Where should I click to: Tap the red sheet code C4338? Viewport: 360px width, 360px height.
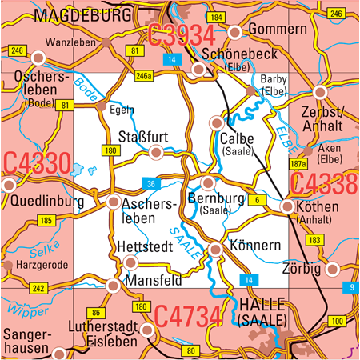[324, 183]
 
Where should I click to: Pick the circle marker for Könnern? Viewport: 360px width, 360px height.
[215, 251]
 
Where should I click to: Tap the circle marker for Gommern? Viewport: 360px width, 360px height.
[235, 32]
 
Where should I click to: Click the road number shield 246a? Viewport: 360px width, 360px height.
[143, 76]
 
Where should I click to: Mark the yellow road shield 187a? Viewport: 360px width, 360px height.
[298, 164]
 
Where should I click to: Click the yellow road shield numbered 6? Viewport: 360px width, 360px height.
[257, 199]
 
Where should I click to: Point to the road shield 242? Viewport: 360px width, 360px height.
[38, 287]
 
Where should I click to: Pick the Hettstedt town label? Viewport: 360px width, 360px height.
[144, 247]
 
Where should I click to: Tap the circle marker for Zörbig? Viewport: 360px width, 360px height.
[334, 269]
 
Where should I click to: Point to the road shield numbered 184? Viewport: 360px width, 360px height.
[215, 17]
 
